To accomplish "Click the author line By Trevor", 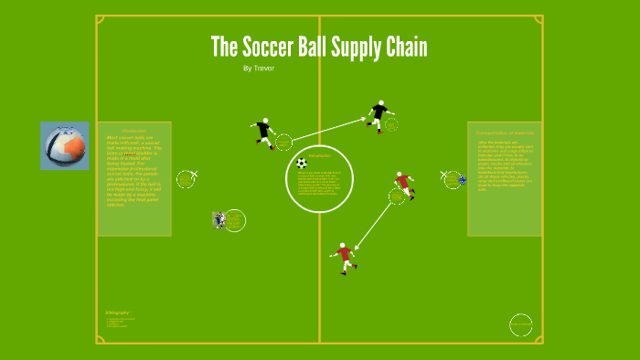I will pos(259,69).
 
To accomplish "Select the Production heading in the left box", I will pos(134,132).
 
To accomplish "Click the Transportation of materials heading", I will pos(504,132).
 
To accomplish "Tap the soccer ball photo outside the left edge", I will pos(65,146).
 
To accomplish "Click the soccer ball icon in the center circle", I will pos(302,164).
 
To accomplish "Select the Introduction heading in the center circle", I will pos(320,156).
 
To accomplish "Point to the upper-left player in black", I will pos(264,133).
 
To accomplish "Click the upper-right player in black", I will pos(378,115).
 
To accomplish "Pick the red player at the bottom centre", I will pos(345,257).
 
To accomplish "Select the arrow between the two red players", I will pos(374,223).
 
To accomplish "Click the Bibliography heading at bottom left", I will pos(118,312).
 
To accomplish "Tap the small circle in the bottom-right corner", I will pos(521,324).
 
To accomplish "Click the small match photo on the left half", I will pos(219,220).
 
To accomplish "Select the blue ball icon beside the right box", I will pos(463,179).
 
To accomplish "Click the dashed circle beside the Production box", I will pos(186,179).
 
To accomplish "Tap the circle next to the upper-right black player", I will pos(391,124).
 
